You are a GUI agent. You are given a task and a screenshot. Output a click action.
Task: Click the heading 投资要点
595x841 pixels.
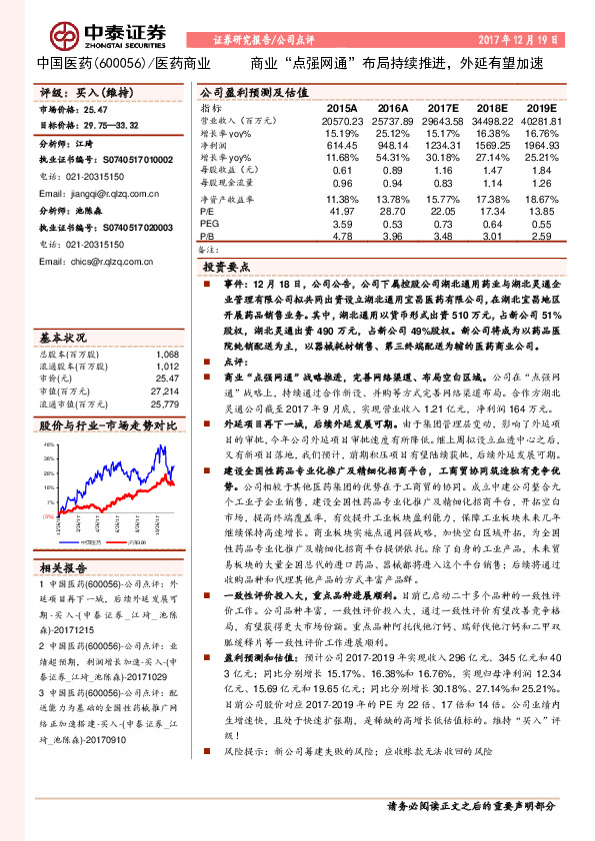click(227, 269)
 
